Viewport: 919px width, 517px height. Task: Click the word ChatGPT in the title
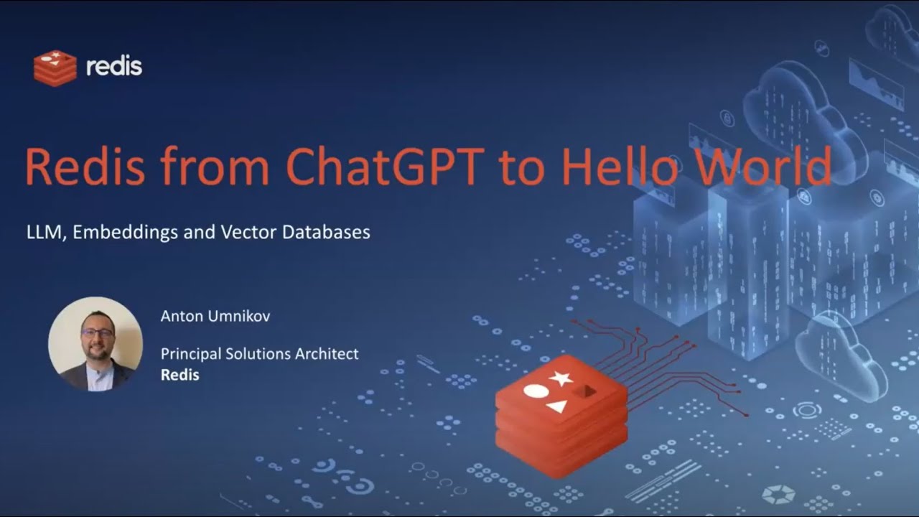(x=385, y=166)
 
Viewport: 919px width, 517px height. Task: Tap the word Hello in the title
(x=620, y=165)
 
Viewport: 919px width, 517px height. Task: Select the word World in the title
(x=764, y=165)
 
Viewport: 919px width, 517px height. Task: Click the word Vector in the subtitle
(x=248, y=232)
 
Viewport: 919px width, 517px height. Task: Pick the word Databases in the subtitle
(x=326, y=232)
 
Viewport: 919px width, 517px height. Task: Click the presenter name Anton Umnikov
(x=215, y=316)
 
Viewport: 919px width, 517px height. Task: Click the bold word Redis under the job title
(x=179, y=375)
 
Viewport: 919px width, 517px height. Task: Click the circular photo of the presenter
(x=95, y=344)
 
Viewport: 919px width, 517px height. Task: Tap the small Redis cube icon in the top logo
(x=55, y=68)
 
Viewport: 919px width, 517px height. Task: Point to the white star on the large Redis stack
(x=561, y=378)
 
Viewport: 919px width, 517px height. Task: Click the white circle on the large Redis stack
(x=536, y=391)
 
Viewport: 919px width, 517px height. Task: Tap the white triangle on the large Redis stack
(x=556, y=406)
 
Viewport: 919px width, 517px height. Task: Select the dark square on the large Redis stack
(x=584, y=392)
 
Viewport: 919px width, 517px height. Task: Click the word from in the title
(x=215, y=166)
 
